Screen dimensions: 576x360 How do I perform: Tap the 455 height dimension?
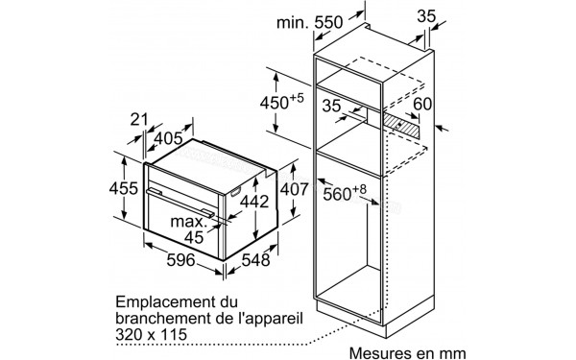pyautogui.click(x=122, y=189)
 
